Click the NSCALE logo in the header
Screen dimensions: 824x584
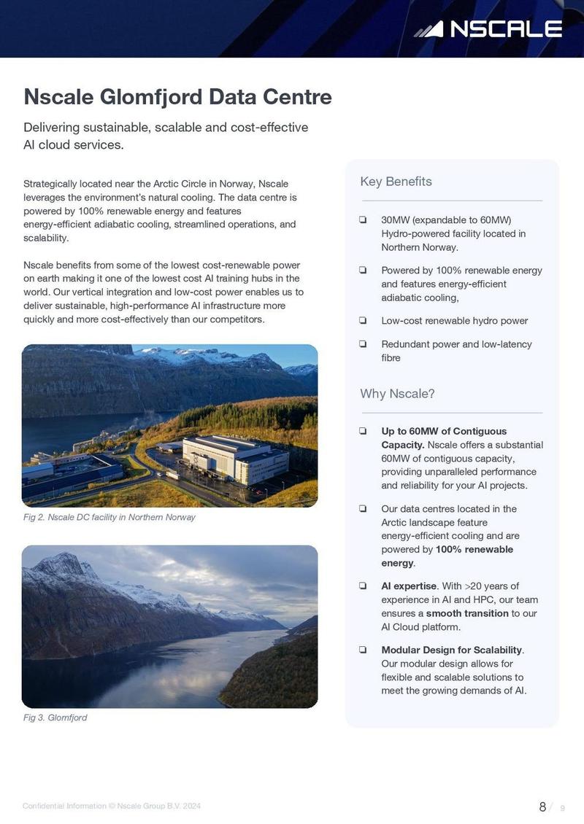(x=488, y=29)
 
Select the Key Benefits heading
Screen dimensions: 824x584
(x=396, y=182)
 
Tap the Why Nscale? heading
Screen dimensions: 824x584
(x=397, y=394)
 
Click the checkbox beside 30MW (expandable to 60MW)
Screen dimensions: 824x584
(x=363, y=220)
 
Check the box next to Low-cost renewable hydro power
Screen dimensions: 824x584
(x=363, y=321)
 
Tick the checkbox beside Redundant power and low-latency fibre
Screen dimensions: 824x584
(x=363, y=344)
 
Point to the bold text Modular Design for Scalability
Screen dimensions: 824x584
(x=452, y=650)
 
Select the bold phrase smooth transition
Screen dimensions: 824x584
(x=467, y=613)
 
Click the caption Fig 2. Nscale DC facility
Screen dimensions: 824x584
(x=109, y=517)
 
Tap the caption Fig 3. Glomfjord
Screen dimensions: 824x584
(x=55, y=718)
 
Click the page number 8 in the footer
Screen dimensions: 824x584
(x=542, y=806)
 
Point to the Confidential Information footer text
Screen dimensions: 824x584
(x=111, y=806)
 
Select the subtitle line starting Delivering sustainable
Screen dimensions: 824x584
(x=166, y=128)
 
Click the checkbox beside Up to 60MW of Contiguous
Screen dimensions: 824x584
(x=363, y=432)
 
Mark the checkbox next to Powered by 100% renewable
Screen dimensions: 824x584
(x=363, y=271)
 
